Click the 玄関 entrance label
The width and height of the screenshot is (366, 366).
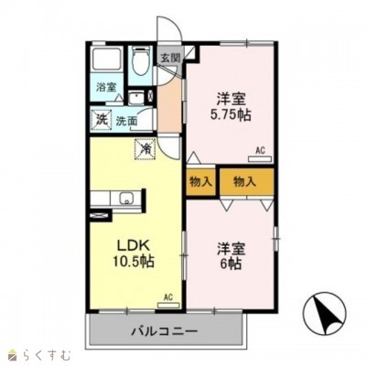coord(170,58)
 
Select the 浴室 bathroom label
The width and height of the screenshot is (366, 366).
coord(106,87)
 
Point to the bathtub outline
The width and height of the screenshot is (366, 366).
coord(107,59)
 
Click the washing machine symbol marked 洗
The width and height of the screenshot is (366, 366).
coord(102,120)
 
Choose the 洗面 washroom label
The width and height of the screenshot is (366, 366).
coord(126,121)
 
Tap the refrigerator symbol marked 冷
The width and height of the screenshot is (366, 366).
coord(145,149)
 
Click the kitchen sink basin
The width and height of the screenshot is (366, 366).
coord(126,199)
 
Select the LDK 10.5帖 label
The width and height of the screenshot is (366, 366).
coord(134,253)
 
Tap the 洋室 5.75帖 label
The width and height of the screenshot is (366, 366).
coord(231,107)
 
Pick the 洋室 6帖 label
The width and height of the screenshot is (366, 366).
coord(231,256)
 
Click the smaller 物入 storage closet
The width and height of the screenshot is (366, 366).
coord(201,182)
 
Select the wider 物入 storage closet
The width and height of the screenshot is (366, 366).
coord(246,182)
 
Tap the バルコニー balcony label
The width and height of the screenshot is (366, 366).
coord(164,330)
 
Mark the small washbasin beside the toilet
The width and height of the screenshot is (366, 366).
coord(135,98)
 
